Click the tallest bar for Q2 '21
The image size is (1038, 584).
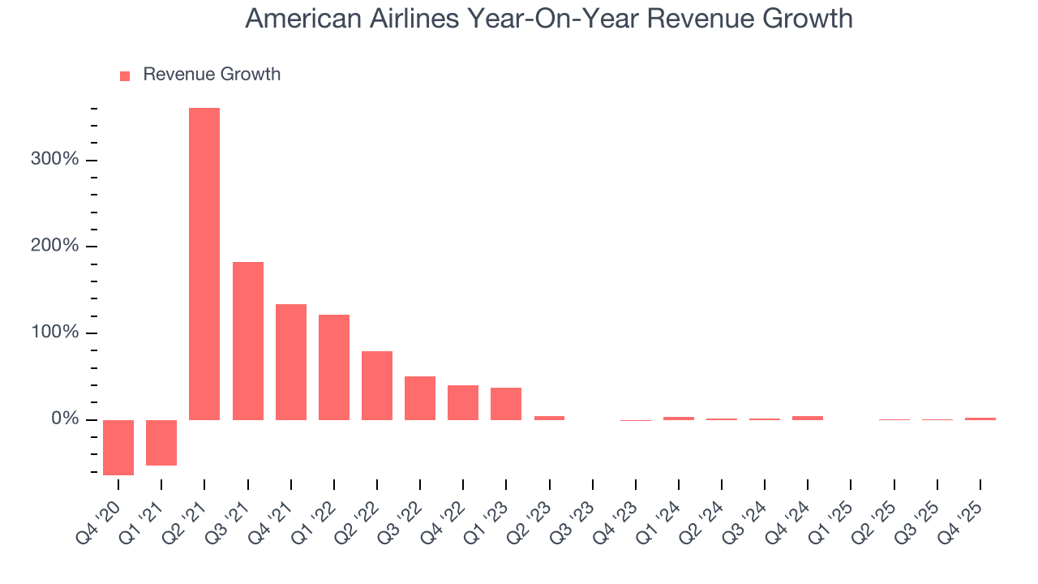pyautogui.click(x=204, y=264)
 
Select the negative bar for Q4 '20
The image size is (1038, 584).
pyautogui.click(x=118, y=447)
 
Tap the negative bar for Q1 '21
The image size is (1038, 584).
pyautogui.click(x=161, y=442)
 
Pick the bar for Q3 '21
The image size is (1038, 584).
pyautogui.click(x=247, y=341)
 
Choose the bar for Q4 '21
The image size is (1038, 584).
pyautogui.click(x=291, y=362)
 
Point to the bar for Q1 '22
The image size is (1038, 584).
pyautogui.click(x=334, y=367)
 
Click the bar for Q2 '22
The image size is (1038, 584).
pyautogui.click(x=377, y=385)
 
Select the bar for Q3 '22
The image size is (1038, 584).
pyautogui.click(x=420, y=397)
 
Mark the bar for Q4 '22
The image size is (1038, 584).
pyautogui.click(x=463, y=402)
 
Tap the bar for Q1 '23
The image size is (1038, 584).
pyautogui.click(x=506, y=403)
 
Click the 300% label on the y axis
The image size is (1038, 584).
pyautogui.click(x=55, y=160)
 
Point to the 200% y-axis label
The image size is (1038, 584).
pyautogui.click(x=55, y=247)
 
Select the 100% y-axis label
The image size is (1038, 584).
pyautogui.click(x=55, y=333)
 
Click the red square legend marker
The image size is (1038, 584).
pyautogui.click(x=125, y=75)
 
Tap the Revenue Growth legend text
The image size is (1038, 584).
pyautogui.click(x=212, y=75)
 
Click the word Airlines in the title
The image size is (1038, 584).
pyautogui.click(x=414, y=19)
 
